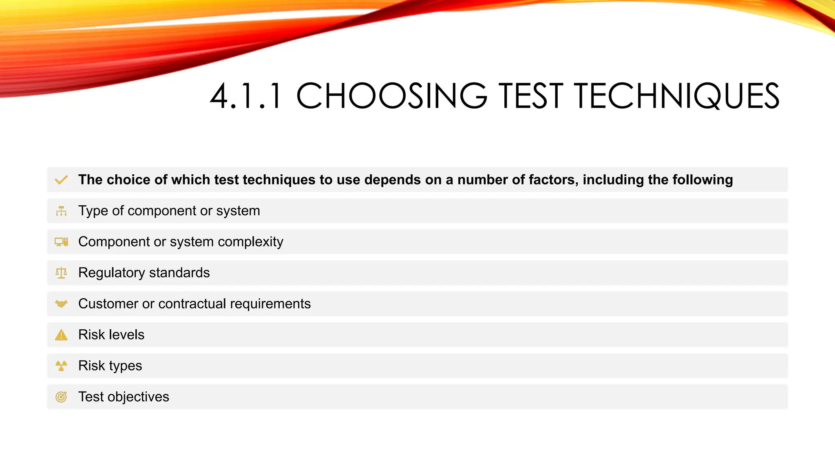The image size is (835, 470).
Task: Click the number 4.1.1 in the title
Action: click(246, 96)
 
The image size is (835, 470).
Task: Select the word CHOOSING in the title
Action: click(391, 96)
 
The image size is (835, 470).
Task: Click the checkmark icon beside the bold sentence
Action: click(61, 180)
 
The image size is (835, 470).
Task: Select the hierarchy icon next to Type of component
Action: click(61, 211)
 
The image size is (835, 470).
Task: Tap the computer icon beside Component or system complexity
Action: click(61, 242)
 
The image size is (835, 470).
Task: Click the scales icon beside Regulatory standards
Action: click(61, 273)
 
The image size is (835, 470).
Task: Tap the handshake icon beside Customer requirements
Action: click(61, 304)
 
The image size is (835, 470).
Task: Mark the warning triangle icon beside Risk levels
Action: click(61, 335)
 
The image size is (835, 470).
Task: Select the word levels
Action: click(127, 335)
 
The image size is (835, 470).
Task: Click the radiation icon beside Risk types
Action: click(61, 366)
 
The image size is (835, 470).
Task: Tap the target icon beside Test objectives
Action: click(61, 397)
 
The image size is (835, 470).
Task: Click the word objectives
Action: click(138, 397)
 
